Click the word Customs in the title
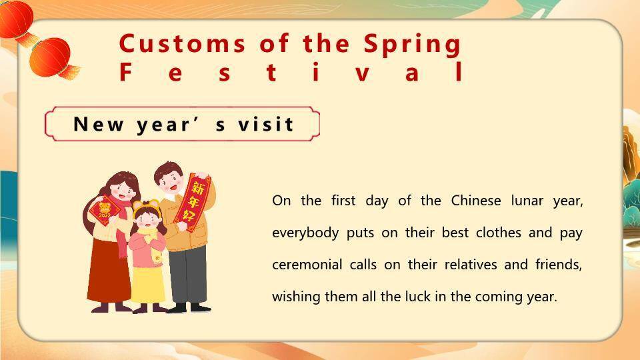[182, 44]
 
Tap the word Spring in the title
[412, 45]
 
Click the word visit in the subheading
[266, 124]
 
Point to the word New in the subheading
[98, 124]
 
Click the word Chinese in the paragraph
[476, 201]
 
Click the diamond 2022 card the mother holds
[105, 210]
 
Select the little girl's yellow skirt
[147, 285]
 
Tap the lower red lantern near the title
[52, 57]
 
